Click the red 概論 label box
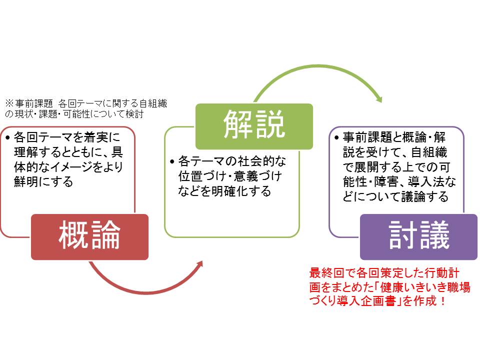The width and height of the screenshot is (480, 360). click(x=89, y=237)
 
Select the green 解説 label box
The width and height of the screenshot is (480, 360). click(x=254, y=126)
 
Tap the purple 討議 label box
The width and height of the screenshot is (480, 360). click(x=418, y=237)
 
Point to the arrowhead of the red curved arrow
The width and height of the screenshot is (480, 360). click(x=200, y=264)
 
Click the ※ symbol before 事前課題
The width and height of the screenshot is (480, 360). click(x=9, y=103)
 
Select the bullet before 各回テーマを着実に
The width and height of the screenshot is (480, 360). click(x=8, y=137)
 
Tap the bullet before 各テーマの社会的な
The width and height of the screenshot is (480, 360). click(x=172, y=161)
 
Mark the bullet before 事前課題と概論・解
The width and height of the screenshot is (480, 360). click(x=336, y=137)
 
